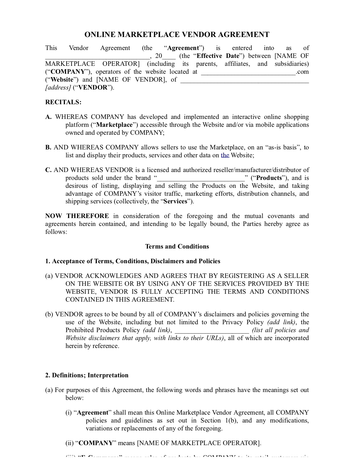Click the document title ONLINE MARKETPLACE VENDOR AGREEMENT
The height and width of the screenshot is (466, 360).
[x=177, y=35]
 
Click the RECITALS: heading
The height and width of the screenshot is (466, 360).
[x=63, y=102]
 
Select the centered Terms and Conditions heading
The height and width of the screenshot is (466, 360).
[x=177, y=247]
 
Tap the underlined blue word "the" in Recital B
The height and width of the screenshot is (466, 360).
[x=225, y=155]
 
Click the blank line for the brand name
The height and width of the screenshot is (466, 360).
[x=201, y=178]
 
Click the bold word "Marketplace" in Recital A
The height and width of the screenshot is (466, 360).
[x=114, y=125]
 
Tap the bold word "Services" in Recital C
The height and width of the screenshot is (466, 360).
[x=175, y=201]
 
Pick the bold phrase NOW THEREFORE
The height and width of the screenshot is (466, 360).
[x=77, y=216]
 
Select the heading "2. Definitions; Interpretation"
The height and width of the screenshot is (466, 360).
[x=87, y=375]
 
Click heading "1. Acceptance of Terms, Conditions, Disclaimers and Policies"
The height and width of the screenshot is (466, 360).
[x=133, y=261]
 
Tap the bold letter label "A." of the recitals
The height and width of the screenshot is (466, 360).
[x=48, y=117]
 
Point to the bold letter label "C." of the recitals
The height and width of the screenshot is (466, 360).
[x=48, y=170]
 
